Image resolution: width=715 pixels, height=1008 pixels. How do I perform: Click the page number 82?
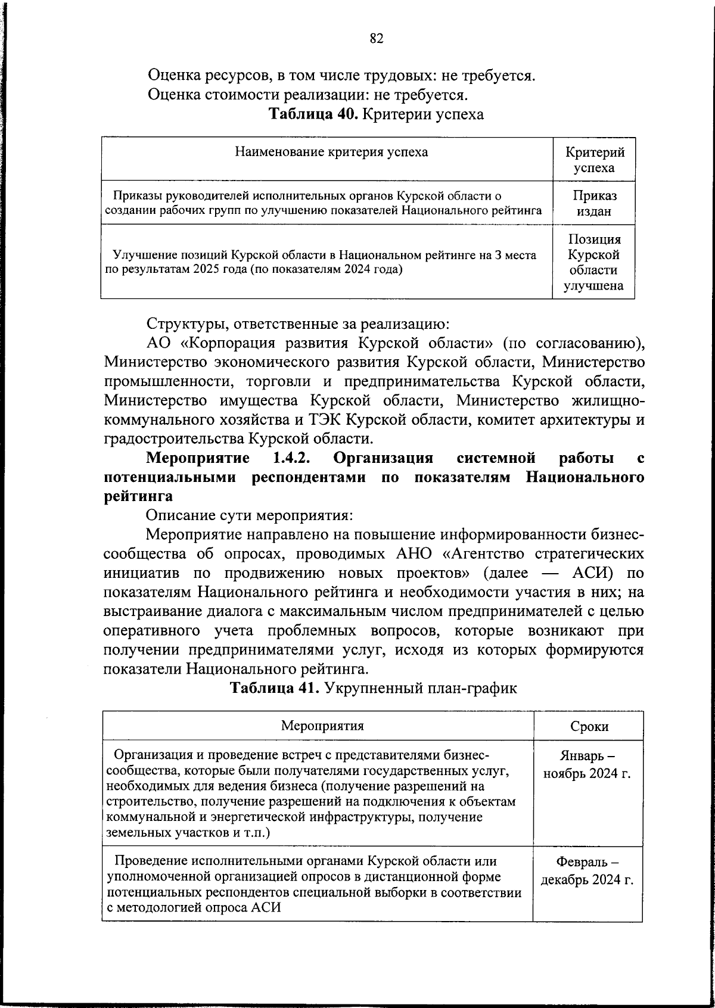pyautogui.click(x=376, y=39)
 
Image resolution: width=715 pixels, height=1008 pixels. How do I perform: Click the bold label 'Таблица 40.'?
pyautogui.click(x=313, y=114)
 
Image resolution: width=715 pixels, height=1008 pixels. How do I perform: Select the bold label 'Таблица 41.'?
pyautogui.click(x=275, y=688)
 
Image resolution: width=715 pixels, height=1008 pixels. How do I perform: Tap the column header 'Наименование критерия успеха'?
pyautogui.click(x=331, y=152)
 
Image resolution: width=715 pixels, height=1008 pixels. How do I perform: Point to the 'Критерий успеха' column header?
pyautogui.click(x=594, y=160)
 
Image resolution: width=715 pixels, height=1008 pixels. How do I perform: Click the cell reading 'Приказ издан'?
pyautogui.click(x=594, y=203)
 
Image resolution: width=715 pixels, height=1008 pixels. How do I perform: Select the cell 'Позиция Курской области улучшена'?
pyautogui.click(x=594, y=262)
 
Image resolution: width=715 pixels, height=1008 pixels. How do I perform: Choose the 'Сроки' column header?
pyautogui.click(x=589, y=726)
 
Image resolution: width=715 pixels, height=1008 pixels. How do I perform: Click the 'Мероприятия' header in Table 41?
pyautogui.click(x=322, y=726)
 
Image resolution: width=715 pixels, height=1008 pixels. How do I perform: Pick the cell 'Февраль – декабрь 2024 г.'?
pyautogui.click(x=587, y=871)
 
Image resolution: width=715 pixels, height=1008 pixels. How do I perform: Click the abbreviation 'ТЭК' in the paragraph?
pyautogui.click(x=325, y=420)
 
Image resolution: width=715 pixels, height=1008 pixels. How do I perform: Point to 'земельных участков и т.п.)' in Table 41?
pyautogui.click(x=188, y=833)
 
